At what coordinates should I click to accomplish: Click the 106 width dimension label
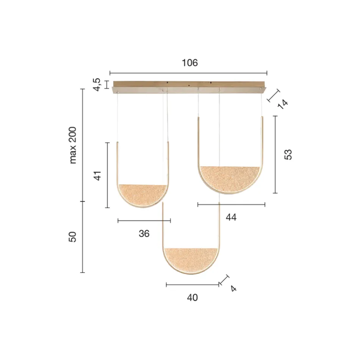(x=189, y=63)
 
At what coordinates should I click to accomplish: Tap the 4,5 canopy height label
(x=97, y=84)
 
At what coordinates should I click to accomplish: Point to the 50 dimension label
(x=73, y=237)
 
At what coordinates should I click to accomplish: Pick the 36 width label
(x=144, y=234)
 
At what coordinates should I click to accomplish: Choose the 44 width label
(x=231, y=218)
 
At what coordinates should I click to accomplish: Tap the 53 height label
(x=288, y=155)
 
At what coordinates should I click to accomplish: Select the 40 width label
(x=193, y=298)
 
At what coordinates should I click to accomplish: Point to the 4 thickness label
(x=233, y=289)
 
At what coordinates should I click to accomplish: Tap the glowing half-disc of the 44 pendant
(x=230, y=178)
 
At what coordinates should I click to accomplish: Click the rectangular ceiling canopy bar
(x=188, y=86)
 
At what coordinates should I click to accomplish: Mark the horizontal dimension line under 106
(x=188, y=73)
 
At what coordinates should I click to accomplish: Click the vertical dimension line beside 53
(x=275, y=155)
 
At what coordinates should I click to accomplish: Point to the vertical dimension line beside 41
(x=108, y=175)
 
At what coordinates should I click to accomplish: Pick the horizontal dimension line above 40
(x=193, y=284)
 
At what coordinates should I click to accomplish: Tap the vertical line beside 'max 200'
(x=83, y=145)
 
